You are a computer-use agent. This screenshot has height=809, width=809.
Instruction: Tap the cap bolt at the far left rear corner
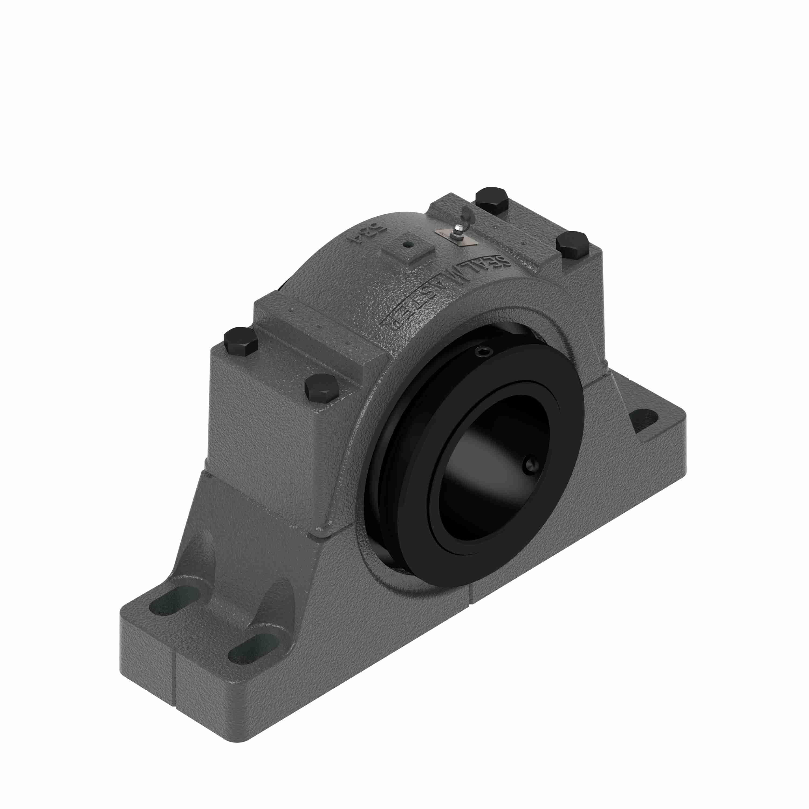[240, 342]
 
